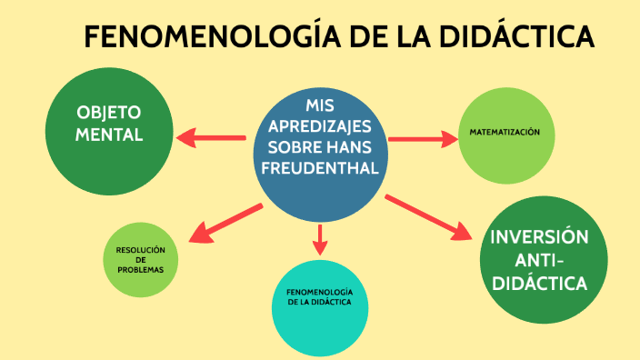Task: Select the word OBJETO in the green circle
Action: click(x=109, y=114)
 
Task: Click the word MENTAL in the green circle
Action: click(x=109, y=135)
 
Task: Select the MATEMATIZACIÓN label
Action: click(x=505, y=133)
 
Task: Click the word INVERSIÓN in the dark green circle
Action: click(x=539, y=238)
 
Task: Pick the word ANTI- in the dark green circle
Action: click(x=539, y=261)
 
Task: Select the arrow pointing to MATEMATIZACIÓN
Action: click(x=424, y=138)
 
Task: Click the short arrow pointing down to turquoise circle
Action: click(x=318, y=240)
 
